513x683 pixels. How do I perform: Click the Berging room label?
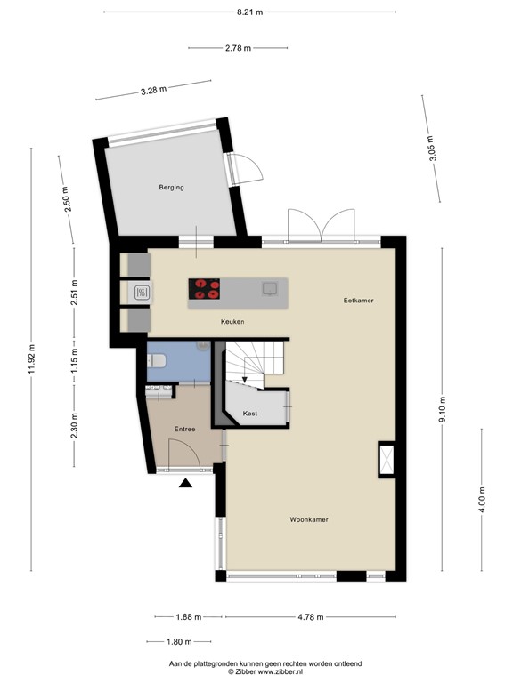pos(171,187)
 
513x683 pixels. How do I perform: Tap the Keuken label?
pos(232,321)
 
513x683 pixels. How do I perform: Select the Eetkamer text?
pos(358,301)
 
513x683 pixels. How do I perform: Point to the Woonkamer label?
pos(309,519)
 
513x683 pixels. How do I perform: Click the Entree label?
pos(184,430)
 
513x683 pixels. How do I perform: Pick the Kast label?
pos(250,413)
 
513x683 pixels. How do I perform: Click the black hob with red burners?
pos(205,288)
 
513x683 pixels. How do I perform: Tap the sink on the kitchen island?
pos(269,287)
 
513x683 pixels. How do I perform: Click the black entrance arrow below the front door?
pos(185,483)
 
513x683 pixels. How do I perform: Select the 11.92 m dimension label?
pos(33,360)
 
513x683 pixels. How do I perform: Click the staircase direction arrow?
pos(246,380)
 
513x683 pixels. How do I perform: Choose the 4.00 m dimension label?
pos(482,501)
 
